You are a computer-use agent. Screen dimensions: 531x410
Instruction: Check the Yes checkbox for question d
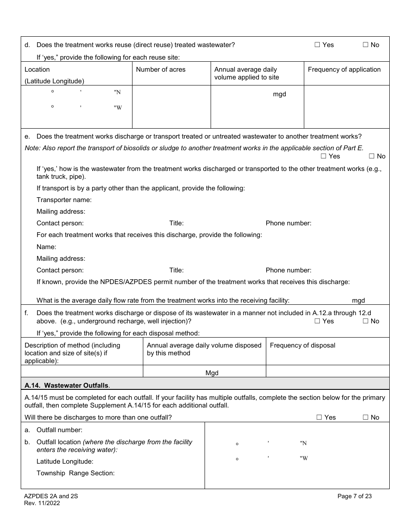[317, 45]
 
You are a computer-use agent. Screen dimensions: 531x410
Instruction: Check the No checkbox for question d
[365, 45]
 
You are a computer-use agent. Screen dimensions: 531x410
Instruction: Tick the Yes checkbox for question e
[323, 156]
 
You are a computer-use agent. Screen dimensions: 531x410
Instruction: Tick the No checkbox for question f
[365, 321]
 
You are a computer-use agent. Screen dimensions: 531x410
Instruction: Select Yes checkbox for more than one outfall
[319, 417]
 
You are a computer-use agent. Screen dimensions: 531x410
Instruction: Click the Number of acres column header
[161, 70]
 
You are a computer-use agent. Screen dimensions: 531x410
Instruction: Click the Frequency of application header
[344, 70]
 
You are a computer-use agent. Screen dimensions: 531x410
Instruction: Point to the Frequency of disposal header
[302, 345]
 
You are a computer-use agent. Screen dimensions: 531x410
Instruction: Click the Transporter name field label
[64, 200]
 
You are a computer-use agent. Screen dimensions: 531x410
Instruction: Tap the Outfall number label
[59, 430]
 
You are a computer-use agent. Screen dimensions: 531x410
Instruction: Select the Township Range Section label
[76, 473]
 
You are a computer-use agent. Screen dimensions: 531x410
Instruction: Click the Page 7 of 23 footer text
[354, 496]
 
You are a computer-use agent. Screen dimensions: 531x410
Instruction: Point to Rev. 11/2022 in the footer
[42, 503]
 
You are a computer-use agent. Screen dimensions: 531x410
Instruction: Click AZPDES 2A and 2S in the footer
[51, 496]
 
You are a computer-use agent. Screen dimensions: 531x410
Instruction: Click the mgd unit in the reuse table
[279, 94]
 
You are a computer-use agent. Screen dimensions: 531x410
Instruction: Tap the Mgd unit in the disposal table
[212, 373]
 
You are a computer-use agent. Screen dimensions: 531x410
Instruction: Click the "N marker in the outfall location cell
[303, 443]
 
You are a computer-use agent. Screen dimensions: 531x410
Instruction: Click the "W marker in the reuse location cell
[118, 108]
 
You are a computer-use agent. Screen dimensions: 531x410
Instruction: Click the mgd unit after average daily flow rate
[358, 300]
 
